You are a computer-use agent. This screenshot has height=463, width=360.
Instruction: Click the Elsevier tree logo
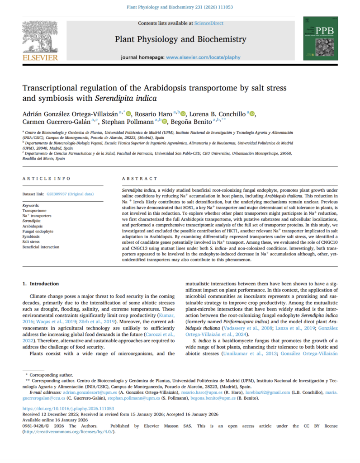coord(40,38)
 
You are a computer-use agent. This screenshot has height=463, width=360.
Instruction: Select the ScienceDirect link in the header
coord(208,23)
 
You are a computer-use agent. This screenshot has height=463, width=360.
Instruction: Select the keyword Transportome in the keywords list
coord(34,211)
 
